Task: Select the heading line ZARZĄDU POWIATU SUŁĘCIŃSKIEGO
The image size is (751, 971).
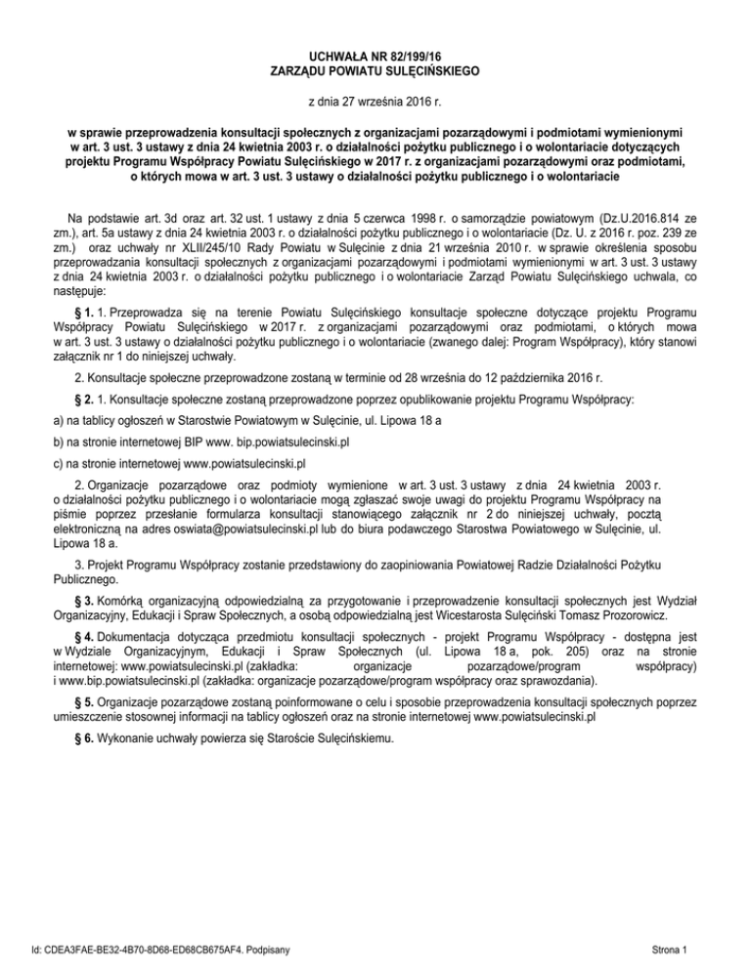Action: tap(375, 70)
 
